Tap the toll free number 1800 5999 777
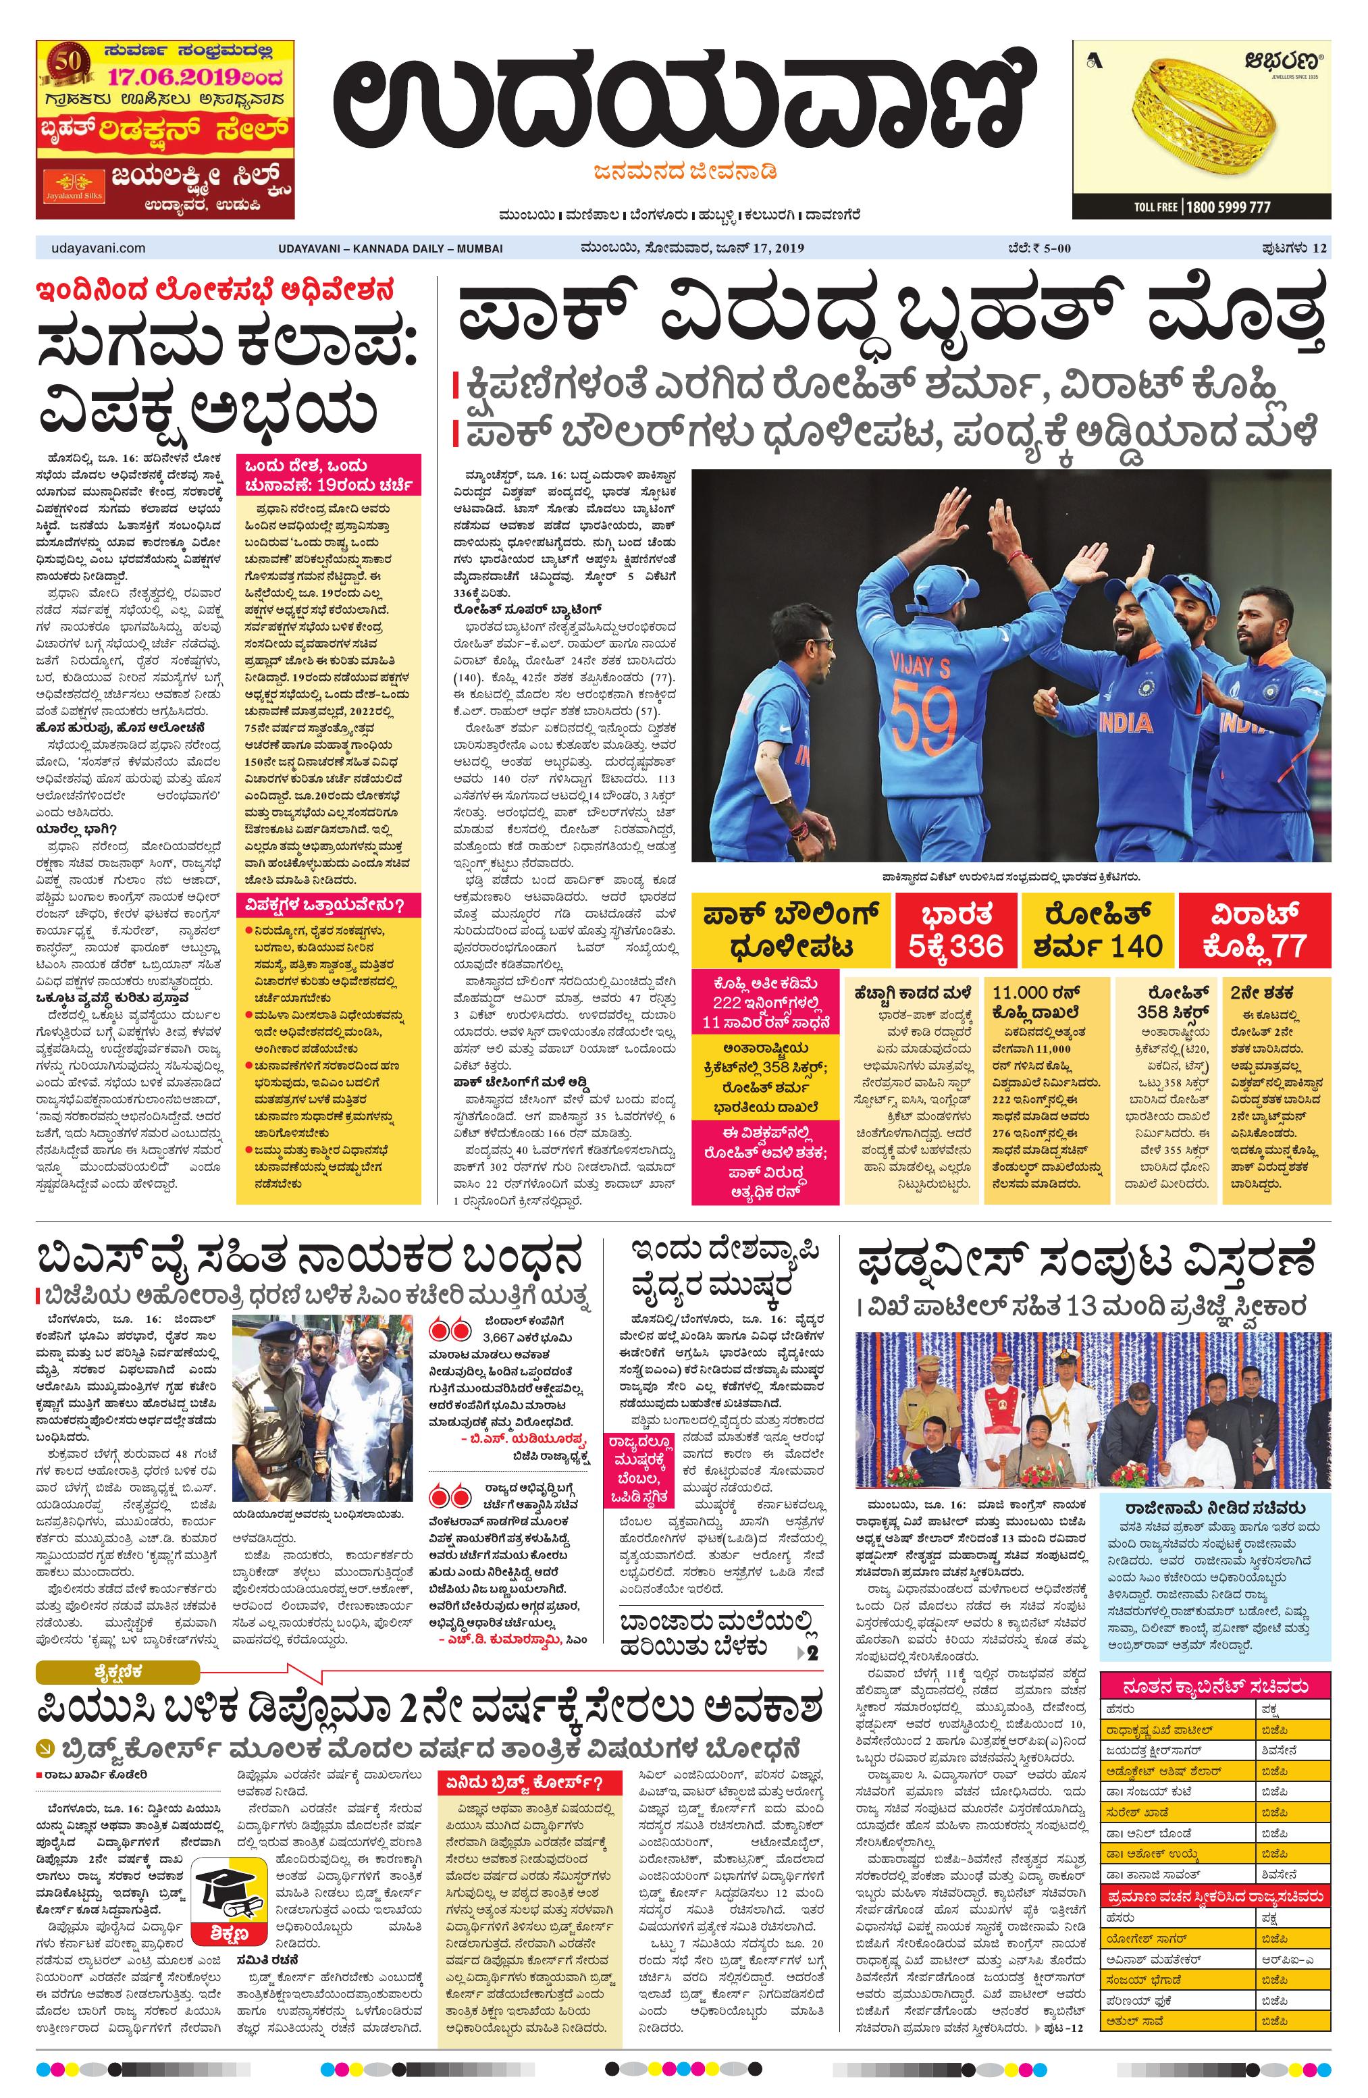(1227, 207)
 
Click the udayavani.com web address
(92, 248)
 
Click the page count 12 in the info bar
(1319, 248)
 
